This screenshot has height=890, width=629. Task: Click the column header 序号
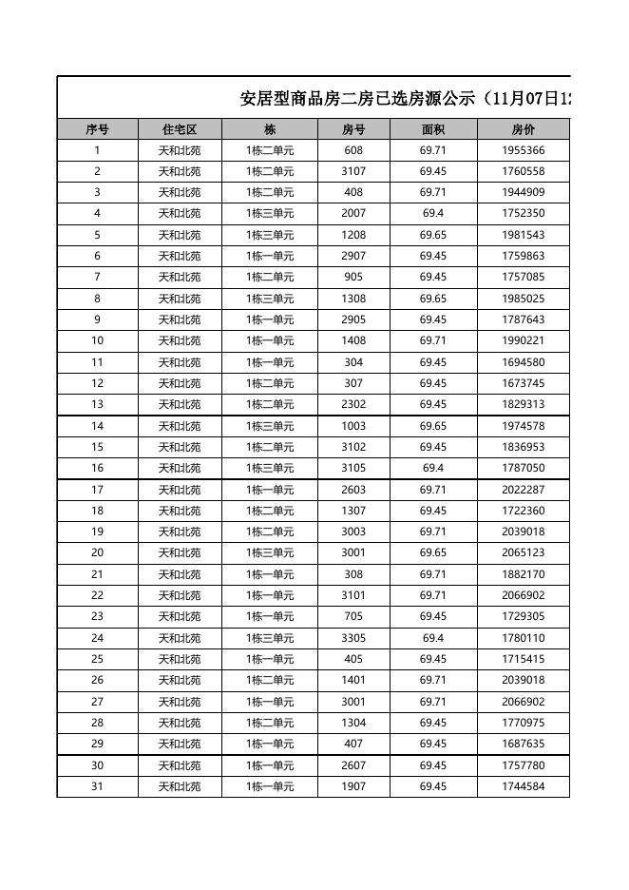point(97,129)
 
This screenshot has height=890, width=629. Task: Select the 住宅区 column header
point(180,129)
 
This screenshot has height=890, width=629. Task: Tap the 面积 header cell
point(433,129)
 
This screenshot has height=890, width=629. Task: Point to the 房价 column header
point(523,129)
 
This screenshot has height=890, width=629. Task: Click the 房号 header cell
point(353,129)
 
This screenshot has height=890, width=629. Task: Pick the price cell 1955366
point(523,150)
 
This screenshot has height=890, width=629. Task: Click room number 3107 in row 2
point(353,171)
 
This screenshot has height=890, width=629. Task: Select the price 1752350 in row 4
point(523,214)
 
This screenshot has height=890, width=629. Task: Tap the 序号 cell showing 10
point(97,340)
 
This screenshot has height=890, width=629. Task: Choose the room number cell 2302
point(353,404)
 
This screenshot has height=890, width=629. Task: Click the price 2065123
point(523,552)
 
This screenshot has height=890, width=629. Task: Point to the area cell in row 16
point(433,468)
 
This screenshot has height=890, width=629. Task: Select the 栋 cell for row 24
point(270,638)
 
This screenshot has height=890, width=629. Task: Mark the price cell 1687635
point(523,744)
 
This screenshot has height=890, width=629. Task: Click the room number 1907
point(353,786)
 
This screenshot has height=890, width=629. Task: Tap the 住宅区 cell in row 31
point(180,786)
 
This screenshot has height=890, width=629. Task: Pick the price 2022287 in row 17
point(523,490)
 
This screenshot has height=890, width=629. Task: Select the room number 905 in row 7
point(353,277)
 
